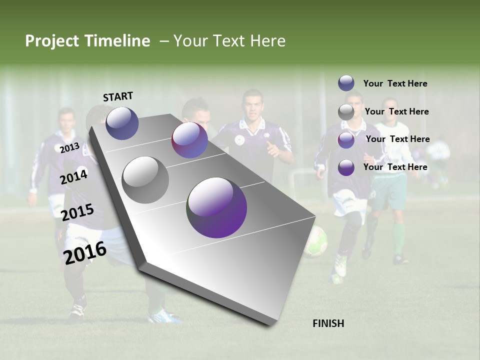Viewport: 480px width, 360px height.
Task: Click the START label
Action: click(x=118, y=96)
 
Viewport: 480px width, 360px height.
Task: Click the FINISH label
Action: click(x=328, y=323)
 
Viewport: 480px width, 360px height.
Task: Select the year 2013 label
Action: click(x=69, y=148)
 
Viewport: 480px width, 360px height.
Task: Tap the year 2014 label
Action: click(x=74, y=176)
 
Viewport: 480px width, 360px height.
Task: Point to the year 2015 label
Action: click(x=77, y=212)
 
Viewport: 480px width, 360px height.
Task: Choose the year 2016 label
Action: click(x=85, y=252)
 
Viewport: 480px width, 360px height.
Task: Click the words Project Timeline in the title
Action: click(x=87, y=41)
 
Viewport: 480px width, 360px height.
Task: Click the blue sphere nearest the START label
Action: click(x=122, y=123)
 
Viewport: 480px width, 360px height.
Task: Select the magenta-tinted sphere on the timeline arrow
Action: click(x=189, y=140)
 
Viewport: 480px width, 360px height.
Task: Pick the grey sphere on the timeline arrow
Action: click(x=145, y=179)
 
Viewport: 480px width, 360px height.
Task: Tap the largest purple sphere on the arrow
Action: click(x=216, y=207)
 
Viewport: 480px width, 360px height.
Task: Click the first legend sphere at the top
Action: click(x=346, y=83)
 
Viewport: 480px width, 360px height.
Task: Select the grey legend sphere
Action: click(x=346, y=112)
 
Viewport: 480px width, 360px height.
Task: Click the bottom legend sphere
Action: click(x=346, y=167)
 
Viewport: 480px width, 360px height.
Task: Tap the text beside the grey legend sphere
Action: click(x=396, y=111)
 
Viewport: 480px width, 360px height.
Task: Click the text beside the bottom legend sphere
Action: click(x=395, y=167)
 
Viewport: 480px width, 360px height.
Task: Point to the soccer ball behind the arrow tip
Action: click(x=316, y=241)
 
